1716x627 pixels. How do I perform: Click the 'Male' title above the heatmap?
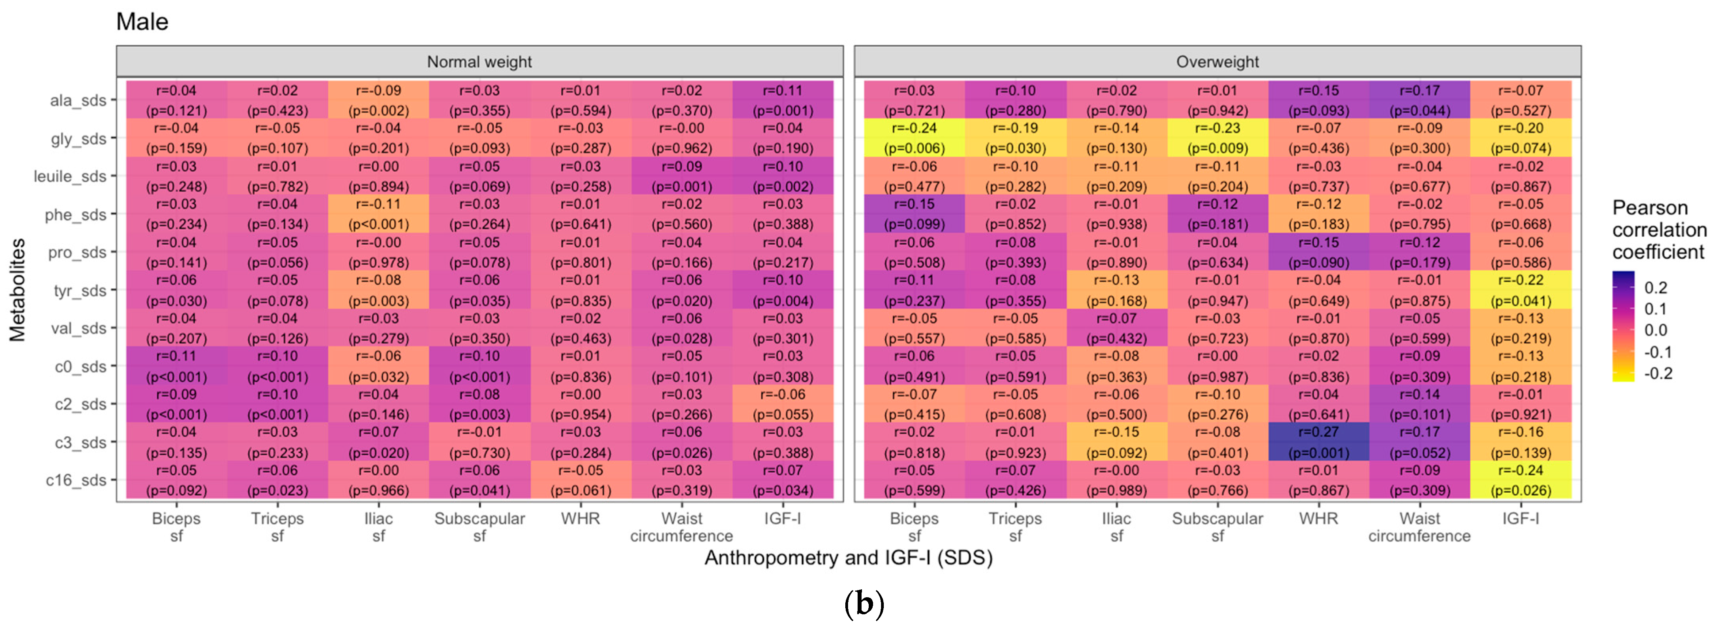(x=142, y=22)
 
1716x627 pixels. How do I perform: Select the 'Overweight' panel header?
(x=1217, y=62)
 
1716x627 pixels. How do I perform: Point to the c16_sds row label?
(x=76, y=480)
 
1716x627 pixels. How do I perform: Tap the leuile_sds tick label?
(x=70, y=176)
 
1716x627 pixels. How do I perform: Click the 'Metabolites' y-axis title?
(x=17, y=290)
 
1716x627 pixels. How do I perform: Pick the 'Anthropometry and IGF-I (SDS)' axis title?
(x=848, y=558)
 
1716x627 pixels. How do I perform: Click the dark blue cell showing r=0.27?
(x=1318, y=442)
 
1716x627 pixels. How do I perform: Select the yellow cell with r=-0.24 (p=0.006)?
(x=914, y=138)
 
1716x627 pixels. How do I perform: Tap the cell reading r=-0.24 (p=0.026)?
(x=1521, y=480)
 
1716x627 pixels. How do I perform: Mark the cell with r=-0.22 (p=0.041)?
(x=1521, y=290)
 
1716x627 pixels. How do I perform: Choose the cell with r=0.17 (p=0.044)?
(x=1420, y=100)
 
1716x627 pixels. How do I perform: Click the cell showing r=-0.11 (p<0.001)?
(x=378, y=214)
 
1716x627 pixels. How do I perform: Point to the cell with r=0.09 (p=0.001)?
(x=681, y=176)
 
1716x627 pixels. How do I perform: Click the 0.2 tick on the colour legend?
(x=1655, y=288)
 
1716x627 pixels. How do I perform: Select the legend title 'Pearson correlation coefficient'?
(x=1659, y=230)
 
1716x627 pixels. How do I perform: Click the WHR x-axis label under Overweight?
(x=1318, y=518)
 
